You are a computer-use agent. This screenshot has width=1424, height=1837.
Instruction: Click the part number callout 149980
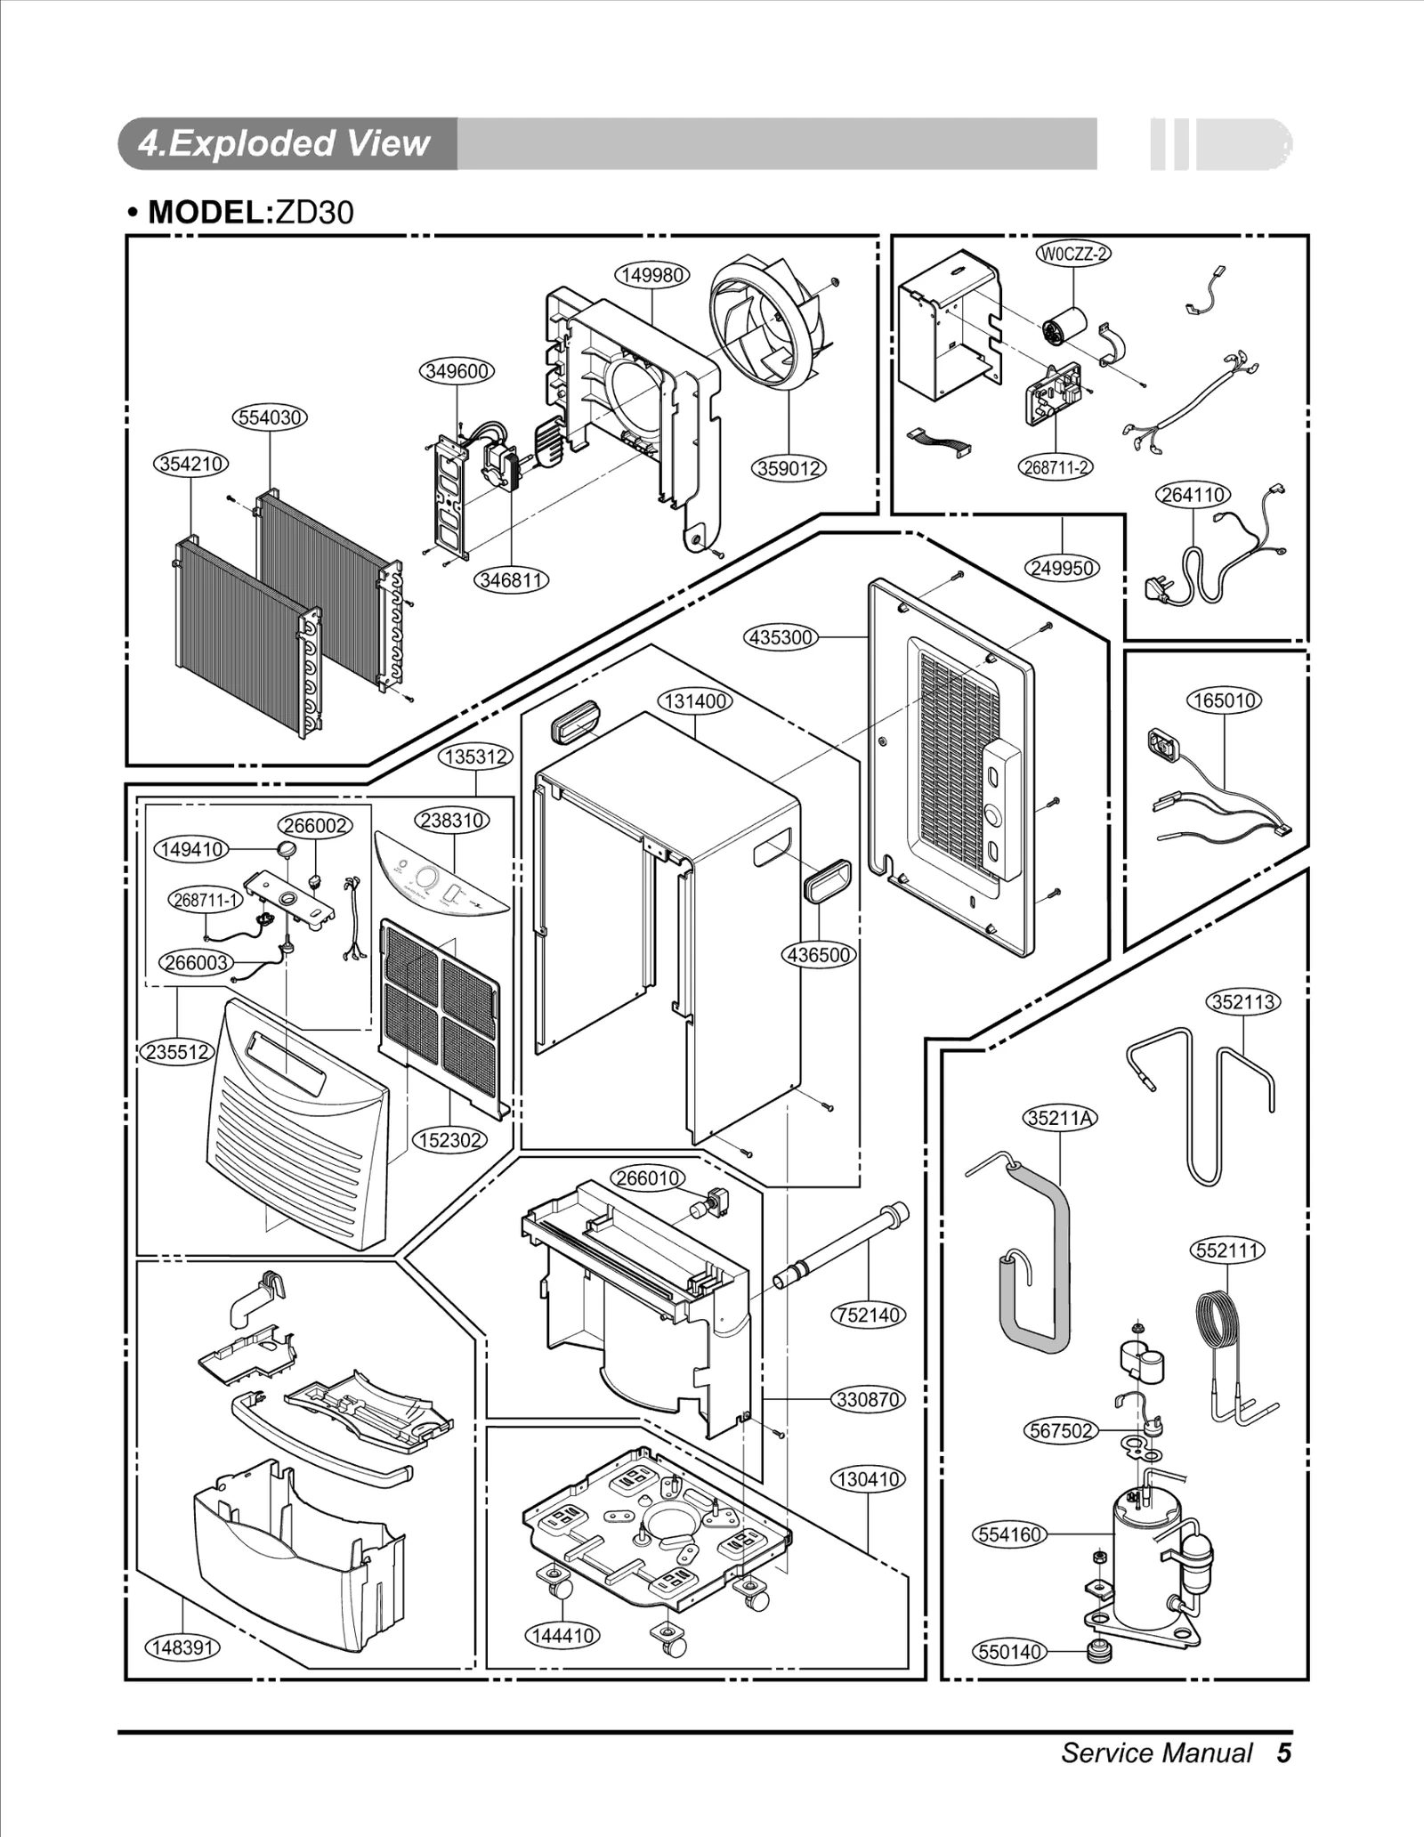pyautogui.click(x=652, y=275)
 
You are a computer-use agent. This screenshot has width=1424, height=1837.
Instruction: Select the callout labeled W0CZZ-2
pyautogui.click(x=1074, y=254)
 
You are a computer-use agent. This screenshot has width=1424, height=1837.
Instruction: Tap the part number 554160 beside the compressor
pyautogui.click(x=1009, y=1534)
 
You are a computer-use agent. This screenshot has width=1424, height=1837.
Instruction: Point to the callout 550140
pyautogui.click(x=1009, y=1652)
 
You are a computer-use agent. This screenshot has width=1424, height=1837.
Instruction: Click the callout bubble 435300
pyautogui.click(x=781, y=637)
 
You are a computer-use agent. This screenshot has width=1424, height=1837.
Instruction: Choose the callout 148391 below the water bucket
pyautogui.click(x=182, y=1647)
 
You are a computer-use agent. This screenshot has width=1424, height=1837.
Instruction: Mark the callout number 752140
pyautogui.click(x=868, y=1315)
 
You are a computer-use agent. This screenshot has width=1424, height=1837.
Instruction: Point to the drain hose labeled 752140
pyautogui.click(x=841, y=1247)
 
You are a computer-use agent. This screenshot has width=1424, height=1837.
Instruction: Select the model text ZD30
pyautogui.click(x=314, y=212)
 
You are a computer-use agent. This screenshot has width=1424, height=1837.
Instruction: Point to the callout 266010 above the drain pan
pyautogui.click(x=648, y=1178)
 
